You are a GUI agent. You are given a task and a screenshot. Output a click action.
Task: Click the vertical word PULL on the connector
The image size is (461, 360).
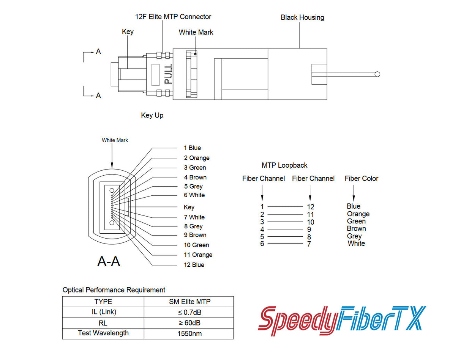(x=168, y=74)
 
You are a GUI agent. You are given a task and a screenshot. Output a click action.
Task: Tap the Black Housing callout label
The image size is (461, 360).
(x=302, y=17)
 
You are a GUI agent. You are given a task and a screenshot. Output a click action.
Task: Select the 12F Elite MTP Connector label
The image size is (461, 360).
(x=173, y=17)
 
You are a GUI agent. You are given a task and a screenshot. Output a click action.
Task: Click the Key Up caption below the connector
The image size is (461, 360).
(x=152, y=115)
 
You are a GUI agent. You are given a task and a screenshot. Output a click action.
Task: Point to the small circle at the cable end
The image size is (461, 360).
(x=377, y=74)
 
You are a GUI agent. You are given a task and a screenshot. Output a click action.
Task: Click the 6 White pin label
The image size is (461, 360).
(x=194, y=195)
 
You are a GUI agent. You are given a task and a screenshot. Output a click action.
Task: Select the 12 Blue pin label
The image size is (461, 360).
(x=194, y=265)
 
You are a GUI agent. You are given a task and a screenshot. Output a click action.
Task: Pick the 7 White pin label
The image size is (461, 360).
(x=194, y=217)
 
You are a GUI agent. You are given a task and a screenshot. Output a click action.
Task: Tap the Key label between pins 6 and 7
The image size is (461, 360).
(x=189, y=207)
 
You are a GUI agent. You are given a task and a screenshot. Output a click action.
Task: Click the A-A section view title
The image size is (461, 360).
(x=109, y=261)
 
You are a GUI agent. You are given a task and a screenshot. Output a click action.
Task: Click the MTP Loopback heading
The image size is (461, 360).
(x=284, y=165)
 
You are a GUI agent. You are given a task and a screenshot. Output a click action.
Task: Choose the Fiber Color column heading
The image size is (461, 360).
(x=362, y=178)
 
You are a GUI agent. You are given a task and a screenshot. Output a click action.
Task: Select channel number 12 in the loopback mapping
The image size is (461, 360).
(x=311, y=207)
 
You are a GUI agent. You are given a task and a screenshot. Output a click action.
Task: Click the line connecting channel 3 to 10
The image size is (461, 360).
(x=286, y=222)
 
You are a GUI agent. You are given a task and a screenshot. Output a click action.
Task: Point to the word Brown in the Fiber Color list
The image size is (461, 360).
(x=356, y=229)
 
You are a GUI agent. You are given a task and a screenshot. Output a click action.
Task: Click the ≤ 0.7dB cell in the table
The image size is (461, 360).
(x=189, y=313)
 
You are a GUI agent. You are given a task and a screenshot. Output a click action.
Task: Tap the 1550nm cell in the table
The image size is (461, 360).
(x=189, y=334)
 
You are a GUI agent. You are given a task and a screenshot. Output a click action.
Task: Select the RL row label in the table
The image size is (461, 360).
(x=103, y=323)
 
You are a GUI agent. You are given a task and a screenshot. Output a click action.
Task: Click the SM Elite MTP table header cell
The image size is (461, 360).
(x=189, y=302)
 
